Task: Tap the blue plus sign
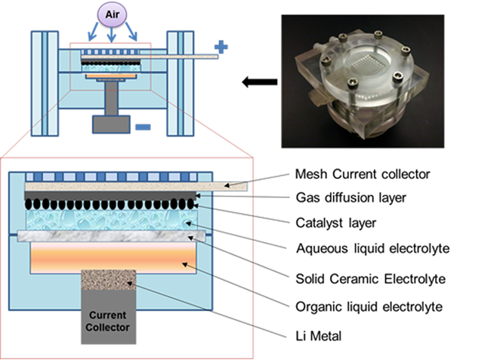221,48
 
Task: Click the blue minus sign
143,126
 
